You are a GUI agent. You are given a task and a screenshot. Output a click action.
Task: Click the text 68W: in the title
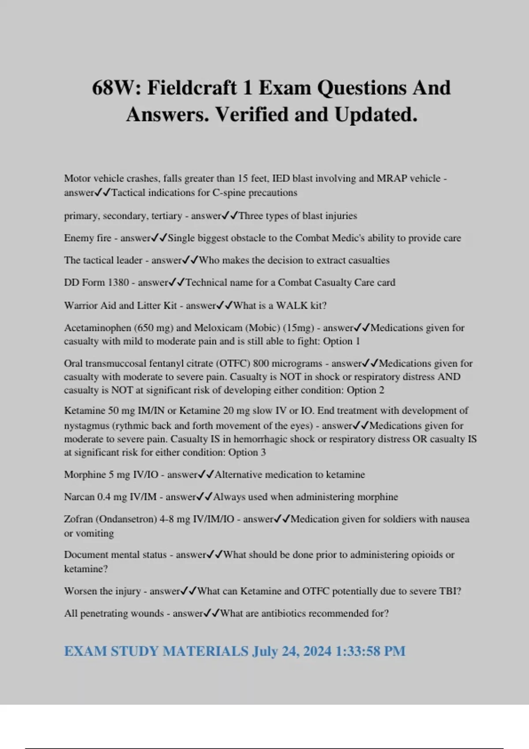(x=116, y=88)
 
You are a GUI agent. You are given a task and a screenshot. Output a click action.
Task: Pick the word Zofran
(x=78, y=519)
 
